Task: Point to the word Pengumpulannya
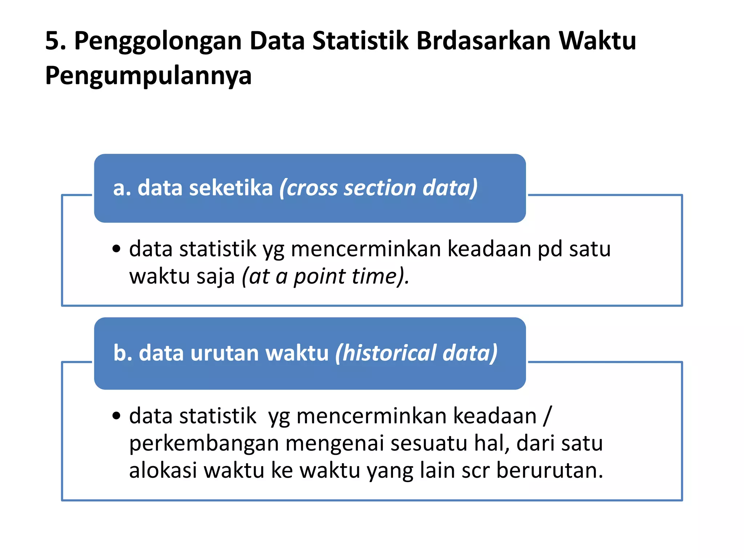click(148, 76)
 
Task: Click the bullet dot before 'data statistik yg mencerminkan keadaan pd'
click(116, 249)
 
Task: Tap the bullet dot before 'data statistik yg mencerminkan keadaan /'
click(116, 416)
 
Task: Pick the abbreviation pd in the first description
click(550, 250)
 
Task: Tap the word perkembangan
click(204, 444)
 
